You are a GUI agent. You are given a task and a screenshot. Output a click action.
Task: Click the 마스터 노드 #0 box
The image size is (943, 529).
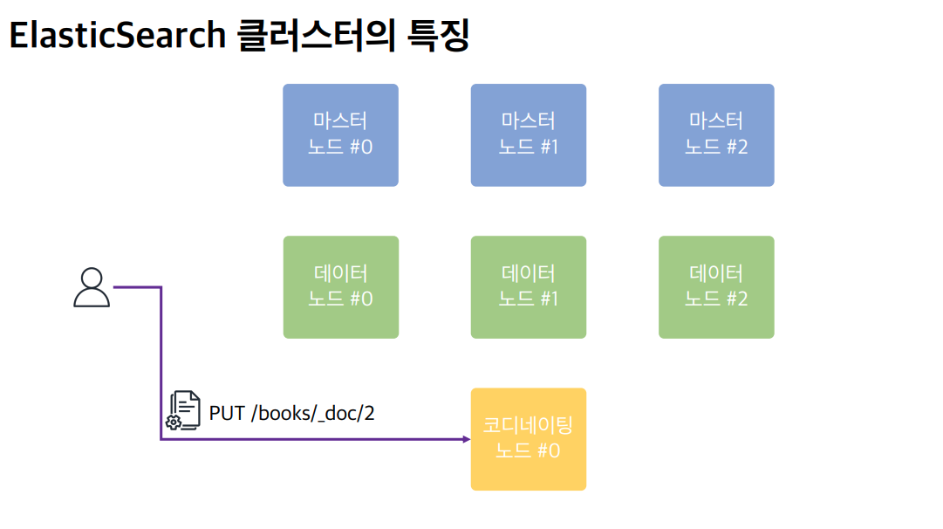click(x=340, y=134)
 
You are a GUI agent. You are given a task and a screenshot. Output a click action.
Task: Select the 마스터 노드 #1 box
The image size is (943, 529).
click(x=528, y=134)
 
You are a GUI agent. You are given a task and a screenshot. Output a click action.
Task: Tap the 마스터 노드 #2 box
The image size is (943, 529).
click(x=716, y=134)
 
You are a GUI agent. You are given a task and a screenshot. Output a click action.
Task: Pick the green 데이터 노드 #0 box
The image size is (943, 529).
click(x=340, y=287)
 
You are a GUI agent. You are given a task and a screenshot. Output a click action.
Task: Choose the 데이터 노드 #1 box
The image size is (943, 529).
click(x=528, y=287)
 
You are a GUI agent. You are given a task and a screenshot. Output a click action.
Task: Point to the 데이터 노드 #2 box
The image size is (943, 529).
click(x=716, y=287)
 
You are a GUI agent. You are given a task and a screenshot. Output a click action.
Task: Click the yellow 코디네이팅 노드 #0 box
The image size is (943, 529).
click(x=528, y=439)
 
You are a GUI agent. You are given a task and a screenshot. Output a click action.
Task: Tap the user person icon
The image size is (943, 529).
click(x=92, y=287)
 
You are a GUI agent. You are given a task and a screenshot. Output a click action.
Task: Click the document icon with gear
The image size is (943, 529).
click(x=183, y=410)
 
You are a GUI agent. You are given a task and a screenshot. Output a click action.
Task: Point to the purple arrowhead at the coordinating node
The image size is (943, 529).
click(x=467, y=439)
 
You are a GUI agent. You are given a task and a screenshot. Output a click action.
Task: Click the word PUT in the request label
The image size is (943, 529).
click(x=227, y=414)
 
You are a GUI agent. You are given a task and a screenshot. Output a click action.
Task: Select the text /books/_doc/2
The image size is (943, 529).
click(x=312, y=414)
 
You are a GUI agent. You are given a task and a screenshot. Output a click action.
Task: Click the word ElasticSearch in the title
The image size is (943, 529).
click(x=117, y=35)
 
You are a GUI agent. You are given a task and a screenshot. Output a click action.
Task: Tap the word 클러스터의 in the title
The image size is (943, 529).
click(x=317, y=36)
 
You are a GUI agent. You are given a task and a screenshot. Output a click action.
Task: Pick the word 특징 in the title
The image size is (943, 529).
click(x=438, y=36)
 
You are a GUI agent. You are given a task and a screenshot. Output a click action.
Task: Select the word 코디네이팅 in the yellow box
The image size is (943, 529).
click(x=528, y=425)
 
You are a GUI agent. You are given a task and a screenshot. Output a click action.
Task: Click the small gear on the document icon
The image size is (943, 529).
click(x=174, y=423)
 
